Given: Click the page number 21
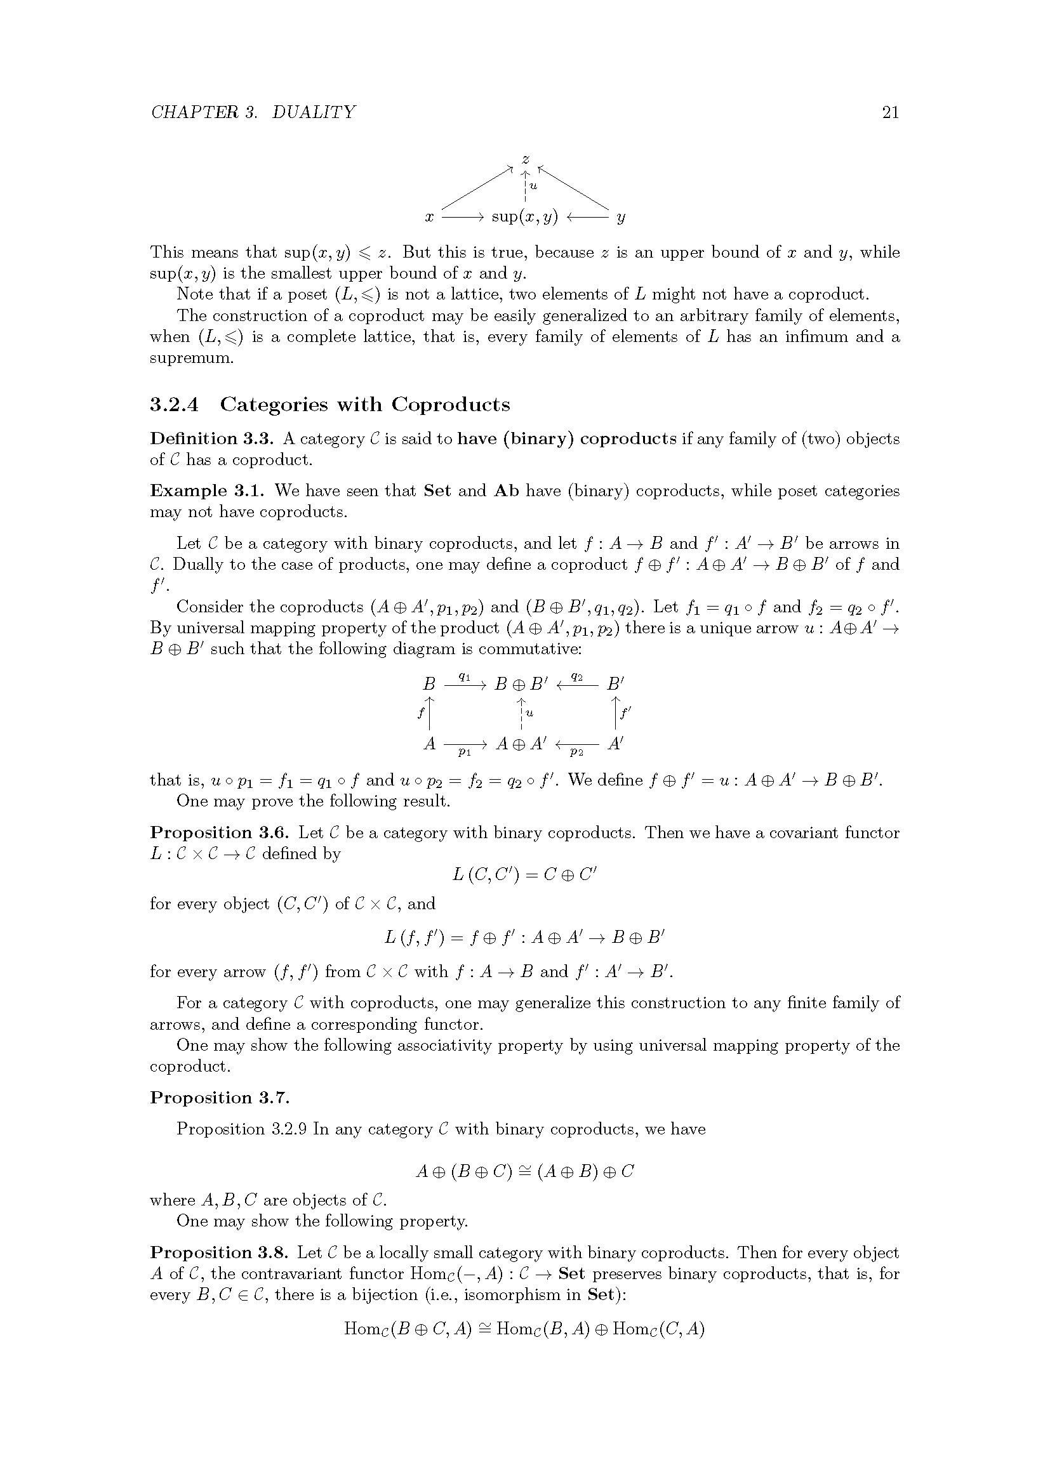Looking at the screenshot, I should point(889,112).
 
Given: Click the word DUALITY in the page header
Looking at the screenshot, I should point(314,112).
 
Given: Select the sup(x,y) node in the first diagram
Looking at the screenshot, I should point(524,217).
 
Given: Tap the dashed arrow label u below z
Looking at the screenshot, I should point(533,187).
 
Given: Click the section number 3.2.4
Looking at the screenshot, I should point(174,405).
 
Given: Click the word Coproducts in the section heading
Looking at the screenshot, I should point(451,405).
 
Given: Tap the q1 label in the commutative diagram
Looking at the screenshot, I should point(463,676).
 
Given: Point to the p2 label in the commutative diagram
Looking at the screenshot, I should point(576,752).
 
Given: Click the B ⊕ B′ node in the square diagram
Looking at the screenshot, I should point(521,684).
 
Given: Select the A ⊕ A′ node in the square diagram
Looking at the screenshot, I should point(521,744).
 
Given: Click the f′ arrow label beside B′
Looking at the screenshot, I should point(625,714).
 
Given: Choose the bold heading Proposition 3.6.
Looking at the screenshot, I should point(220,832).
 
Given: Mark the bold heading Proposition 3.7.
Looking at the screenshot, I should point(220,1098).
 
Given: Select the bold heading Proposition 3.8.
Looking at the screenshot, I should point(220,1252).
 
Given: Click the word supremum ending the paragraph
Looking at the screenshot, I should point(190,358).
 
